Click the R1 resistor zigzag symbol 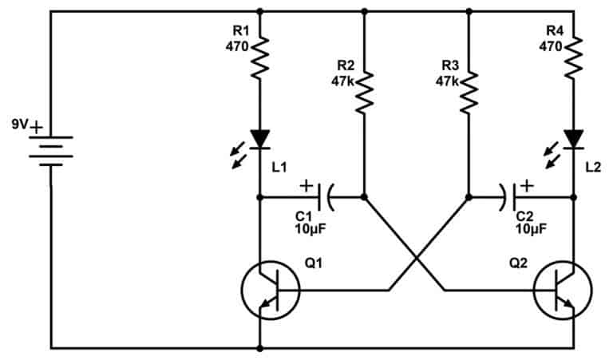pos(259,57)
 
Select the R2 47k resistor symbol pos(364,93)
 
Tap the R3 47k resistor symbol pos(469,93)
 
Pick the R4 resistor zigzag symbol pos(574,57)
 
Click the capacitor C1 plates pos(326,197)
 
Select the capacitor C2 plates pos(508,197)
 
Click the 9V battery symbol pos(51,151)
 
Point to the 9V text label pos(20,125)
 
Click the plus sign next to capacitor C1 pos(306,186)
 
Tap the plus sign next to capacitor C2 pos(527,186)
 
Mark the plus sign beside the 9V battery pos(36,128)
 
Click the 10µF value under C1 pos(310,229)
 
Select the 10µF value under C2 pos(532,229)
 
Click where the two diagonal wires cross pos(417,259)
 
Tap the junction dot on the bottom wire pos(259,348)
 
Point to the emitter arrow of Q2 pos(568,303)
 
